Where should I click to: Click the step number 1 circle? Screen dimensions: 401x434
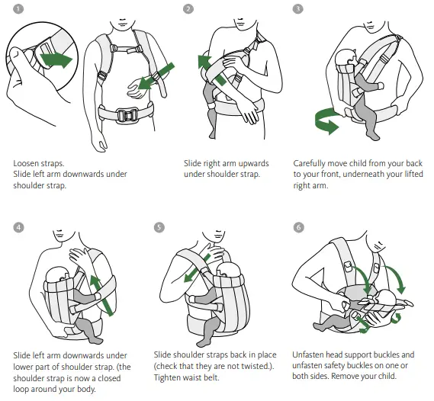point(18,9)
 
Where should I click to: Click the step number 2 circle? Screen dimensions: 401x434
point(188,9)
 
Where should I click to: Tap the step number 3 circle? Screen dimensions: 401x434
point(298,9)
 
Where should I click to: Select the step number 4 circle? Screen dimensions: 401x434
point(18,226)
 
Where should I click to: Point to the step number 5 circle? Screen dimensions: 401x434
point(159,226)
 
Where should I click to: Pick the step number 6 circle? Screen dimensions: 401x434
point(298,226)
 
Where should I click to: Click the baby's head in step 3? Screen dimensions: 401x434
point(346,62)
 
